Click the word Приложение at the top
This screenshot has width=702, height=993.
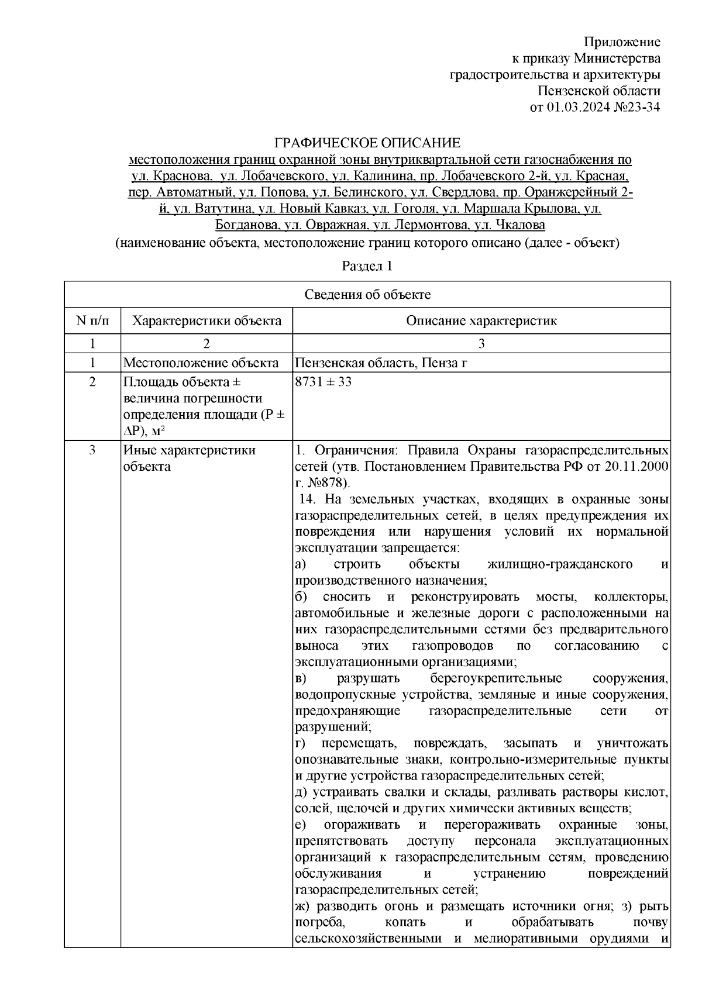point(622,42)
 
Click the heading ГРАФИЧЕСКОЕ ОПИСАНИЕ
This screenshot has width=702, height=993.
point(367,143)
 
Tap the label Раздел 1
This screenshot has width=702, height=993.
point(367,266)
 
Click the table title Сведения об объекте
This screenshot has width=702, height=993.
point(367,295)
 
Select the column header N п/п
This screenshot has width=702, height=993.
point(92,320)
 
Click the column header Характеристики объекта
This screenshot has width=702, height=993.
point(207,320)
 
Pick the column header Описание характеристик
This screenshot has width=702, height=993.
point(481,320)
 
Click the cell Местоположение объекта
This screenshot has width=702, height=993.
point(201,363)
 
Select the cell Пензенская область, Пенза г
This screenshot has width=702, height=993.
point(381,363)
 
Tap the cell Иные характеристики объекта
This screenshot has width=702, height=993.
point(189,458)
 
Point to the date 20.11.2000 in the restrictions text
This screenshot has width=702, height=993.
point(638,467)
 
